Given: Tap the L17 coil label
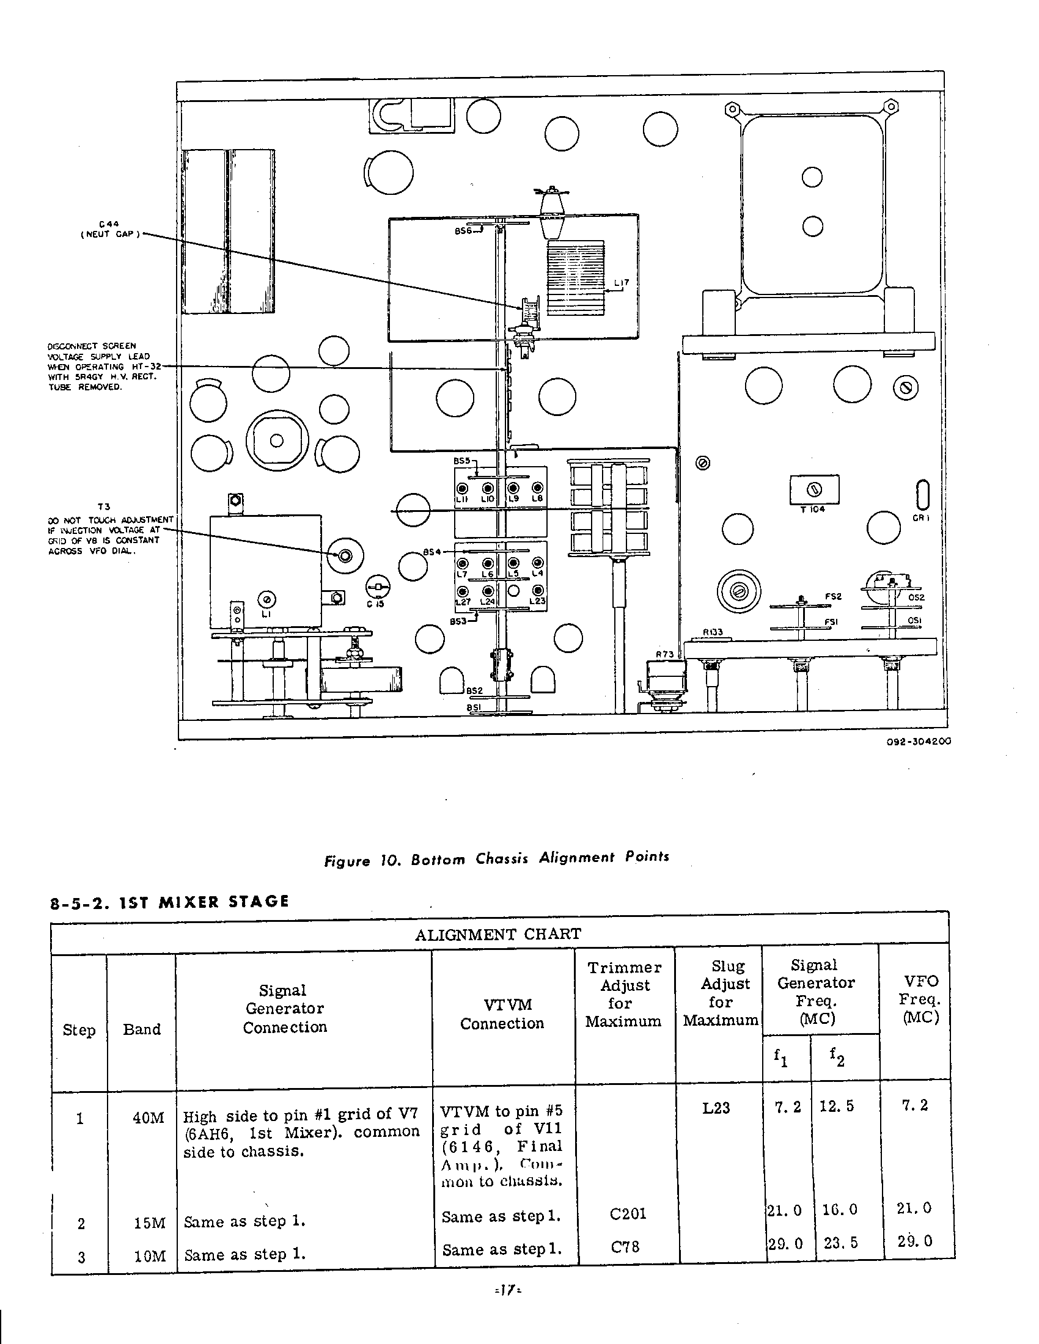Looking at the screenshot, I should tap(622, 283).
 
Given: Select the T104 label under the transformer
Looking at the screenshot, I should tap(812, 509).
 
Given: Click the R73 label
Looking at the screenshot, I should tap(664, 654).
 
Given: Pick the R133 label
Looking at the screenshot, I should tap(713, 632).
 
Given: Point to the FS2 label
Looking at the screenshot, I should tap(833, 596).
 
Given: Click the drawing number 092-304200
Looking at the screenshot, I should tap(919, 741).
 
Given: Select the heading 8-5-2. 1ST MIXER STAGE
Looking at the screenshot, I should tap(169, 902).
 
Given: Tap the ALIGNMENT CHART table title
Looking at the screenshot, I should tap(497, 934).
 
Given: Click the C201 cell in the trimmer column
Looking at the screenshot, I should tap(628, 1213).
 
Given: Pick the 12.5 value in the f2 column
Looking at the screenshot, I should tap(837, 1106).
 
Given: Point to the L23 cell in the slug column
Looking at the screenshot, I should tap(716, 1108).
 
